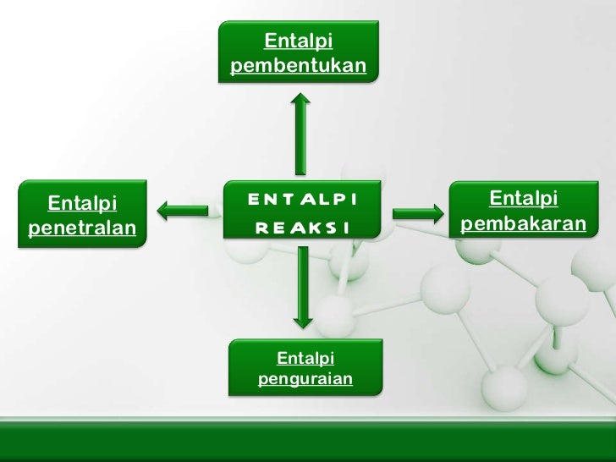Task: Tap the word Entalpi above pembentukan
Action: (x=298, y=40)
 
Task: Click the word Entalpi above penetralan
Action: (x=83, y=203)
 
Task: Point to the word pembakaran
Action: (x=524, y=224)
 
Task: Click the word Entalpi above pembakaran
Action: (x=524, y=199)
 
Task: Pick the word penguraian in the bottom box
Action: (x=305, y=378)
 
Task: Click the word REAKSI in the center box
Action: (x=301, y=228)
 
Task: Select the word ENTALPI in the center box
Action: (x=301, y=201)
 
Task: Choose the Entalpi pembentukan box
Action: (x=298, y=52)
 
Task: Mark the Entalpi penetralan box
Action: (x=85, y=214)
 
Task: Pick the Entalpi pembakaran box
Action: (x=523, y=212)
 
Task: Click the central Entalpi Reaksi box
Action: (x=301, y=214)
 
